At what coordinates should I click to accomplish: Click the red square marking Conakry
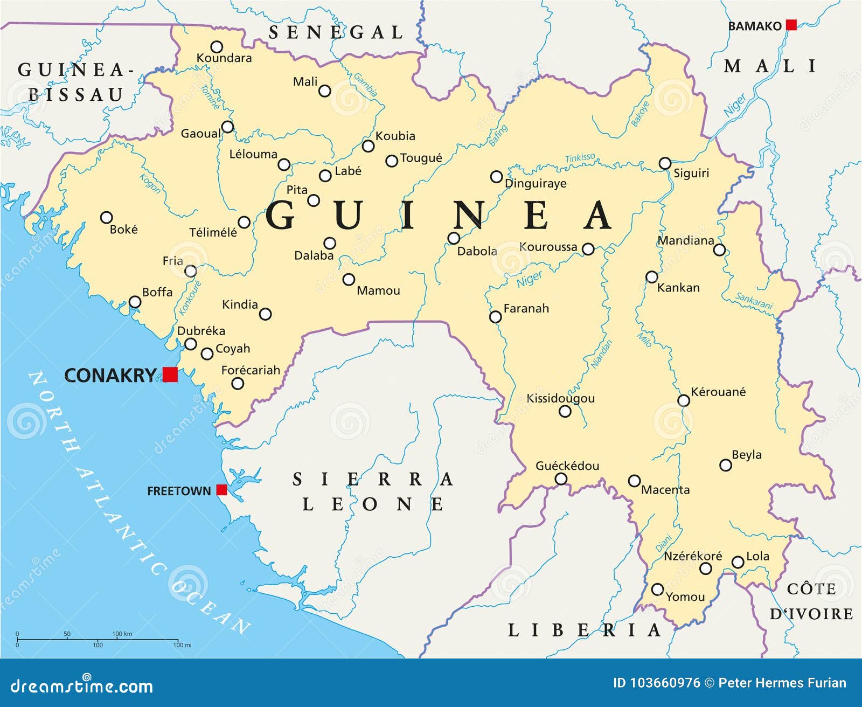pyautogui.click(x=170, y=374)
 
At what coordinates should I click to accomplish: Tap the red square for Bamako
pyautogui.click(x=791, y=25)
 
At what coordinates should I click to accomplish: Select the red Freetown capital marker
pyautogui.click(x=221, y=489)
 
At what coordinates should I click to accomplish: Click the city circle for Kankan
pyautogui.click(x=652, y=277)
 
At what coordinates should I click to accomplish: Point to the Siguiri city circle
pyautogui.click(x=665, y=163)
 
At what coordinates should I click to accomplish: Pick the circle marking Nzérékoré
pyautogui.click(x=705, y=569)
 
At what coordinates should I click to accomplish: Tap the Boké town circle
pyautogui.click(x=107, y=218)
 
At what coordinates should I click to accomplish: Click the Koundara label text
pyautogui.click(x=224, y=58)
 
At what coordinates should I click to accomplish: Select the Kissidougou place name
pyautogui.click(x=560, y=398)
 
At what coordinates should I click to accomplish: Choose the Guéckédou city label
pyautogui.click(x=567, y=466)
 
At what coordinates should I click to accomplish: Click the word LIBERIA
pyautogui.click(x=584, y=630)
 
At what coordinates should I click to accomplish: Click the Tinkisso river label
pyautogui.click(x=580, y=158)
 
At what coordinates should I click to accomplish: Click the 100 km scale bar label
pyautogui.click(x=122, y=634)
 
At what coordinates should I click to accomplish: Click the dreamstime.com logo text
pyautogui.click(x=82, y=686)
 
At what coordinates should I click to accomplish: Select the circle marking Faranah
pyautogui.click(x=495, y=317)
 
